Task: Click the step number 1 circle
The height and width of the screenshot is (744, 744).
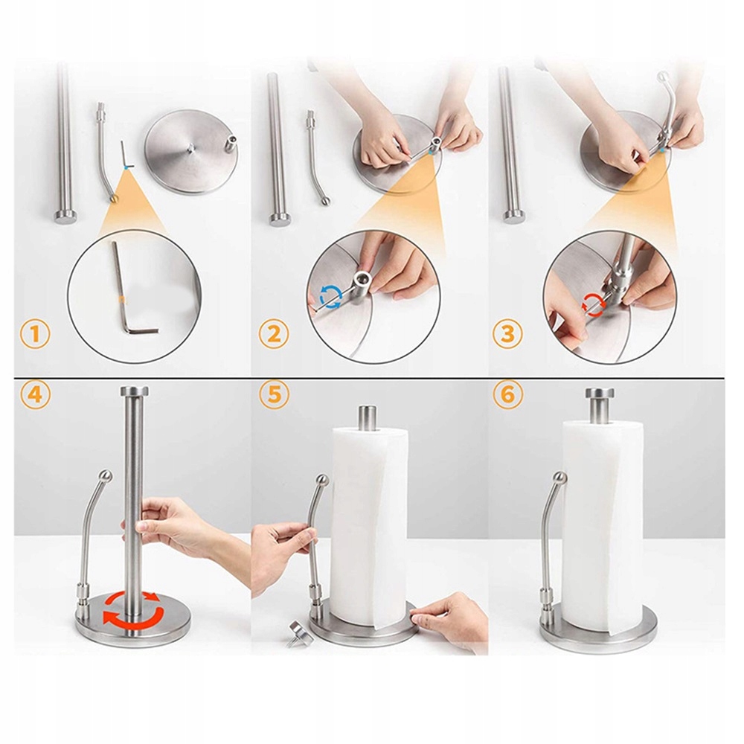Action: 35,335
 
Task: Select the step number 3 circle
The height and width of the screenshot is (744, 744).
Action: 507,333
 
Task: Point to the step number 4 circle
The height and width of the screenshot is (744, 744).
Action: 35,394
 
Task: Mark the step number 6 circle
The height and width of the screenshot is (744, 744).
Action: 507,394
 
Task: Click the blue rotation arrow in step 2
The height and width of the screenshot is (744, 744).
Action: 331,297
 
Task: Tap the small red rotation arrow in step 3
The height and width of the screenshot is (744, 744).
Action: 593,304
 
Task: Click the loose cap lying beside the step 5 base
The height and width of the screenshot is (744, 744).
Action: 300,633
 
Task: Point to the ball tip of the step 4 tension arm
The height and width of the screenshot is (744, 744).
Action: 106,475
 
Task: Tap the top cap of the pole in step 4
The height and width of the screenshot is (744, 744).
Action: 134,391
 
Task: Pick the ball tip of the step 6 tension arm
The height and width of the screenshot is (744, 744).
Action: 560,478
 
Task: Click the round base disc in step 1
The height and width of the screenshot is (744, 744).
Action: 191,151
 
